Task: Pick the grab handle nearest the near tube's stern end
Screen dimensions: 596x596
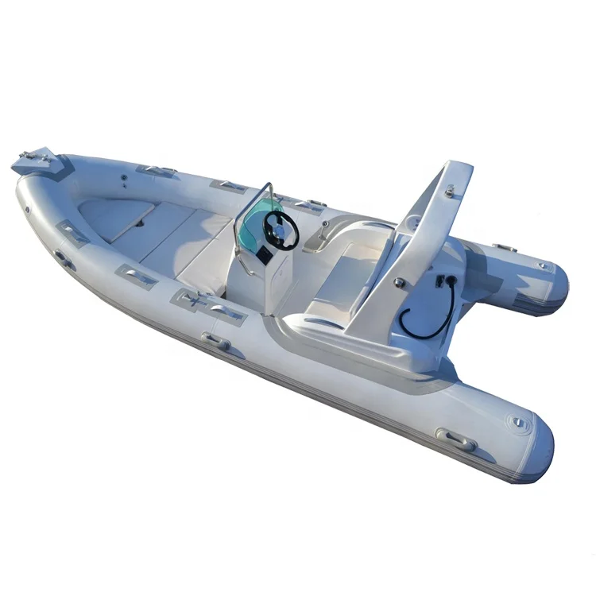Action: [457, 440]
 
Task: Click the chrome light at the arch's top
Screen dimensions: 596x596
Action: [451, 191]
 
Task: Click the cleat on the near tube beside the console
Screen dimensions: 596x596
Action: [215, 343]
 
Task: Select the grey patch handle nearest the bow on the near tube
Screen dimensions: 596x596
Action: [72, 234]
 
